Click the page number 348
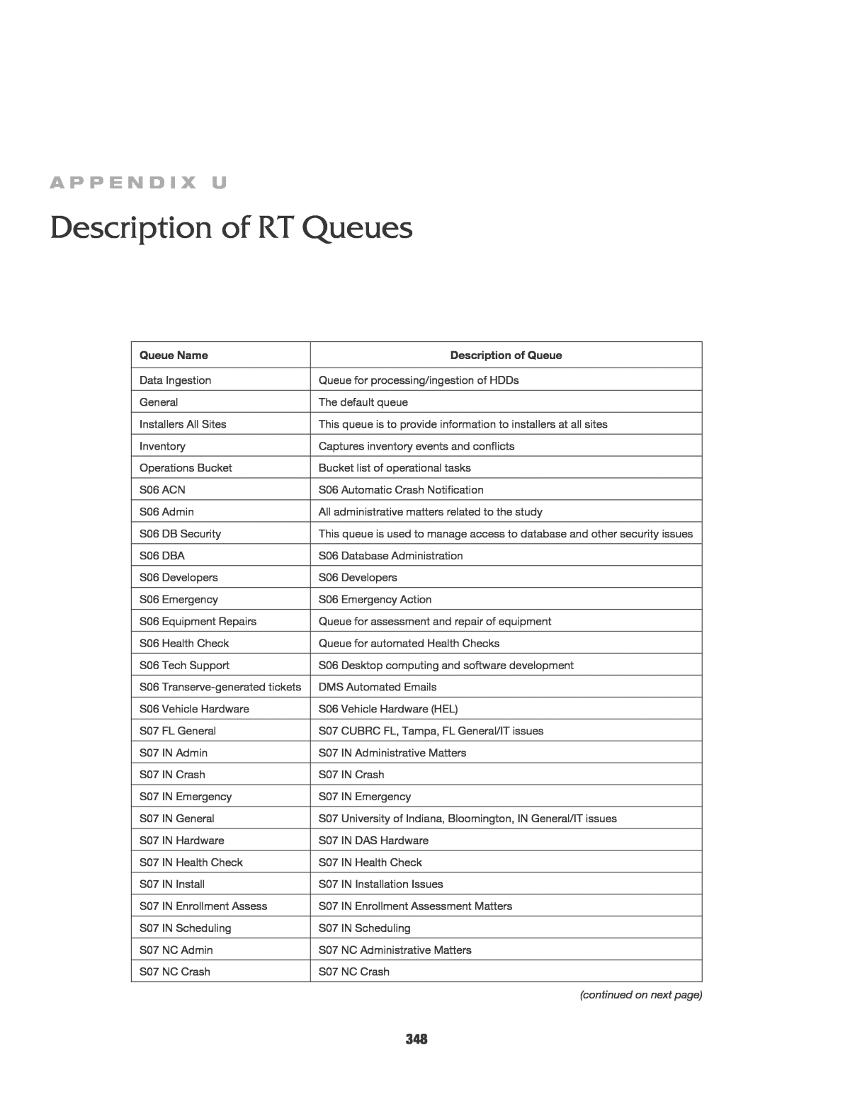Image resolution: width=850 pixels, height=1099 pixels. pos(416,1039)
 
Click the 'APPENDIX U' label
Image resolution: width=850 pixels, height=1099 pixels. pos(138,183)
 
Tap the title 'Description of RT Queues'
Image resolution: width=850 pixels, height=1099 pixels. pos(231,228)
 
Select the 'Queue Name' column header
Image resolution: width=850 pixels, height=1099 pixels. pos(174,355)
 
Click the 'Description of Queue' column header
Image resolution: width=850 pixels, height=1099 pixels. pos(506,355)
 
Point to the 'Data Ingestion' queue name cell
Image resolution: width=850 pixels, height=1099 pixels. pos(175,380)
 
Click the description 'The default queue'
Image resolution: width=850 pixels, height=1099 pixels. pos(363,402)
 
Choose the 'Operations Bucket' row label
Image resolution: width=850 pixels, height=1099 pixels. pos(186,468)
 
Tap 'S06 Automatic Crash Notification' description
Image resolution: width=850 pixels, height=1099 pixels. pos(401,490)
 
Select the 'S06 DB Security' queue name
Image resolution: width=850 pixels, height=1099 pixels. pos(180,534)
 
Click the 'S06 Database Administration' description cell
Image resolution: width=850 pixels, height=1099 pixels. pos(390,556)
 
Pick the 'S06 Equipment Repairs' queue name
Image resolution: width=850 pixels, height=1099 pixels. pos(198,622)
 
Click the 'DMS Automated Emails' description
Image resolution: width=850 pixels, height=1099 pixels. pos(378,687)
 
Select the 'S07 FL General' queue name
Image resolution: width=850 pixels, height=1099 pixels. pos(177,731)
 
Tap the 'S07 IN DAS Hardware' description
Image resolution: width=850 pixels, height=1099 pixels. pos(373,841)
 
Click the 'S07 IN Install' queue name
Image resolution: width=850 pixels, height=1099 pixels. pos(172,884)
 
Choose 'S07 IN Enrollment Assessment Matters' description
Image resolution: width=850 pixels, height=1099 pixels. pos(415,906)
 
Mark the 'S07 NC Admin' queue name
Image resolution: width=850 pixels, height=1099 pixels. pos(176,950)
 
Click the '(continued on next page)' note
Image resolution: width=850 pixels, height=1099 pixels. pos(641,995)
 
